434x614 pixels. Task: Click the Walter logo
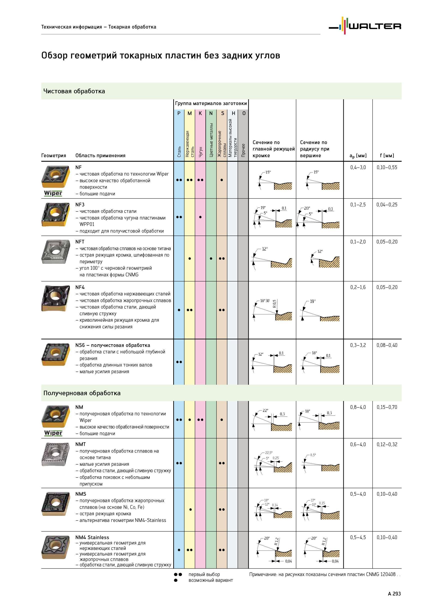point(365,26)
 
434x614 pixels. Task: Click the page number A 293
point(394,594)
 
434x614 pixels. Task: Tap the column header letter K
point(200,113)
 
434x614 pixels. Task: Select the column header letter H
point(233,113)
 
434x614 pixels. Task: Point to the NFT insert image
point(55,252)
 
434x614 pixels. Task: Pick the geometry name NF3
point(80,205)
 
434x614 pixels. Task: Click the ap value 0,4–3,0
point(358,168)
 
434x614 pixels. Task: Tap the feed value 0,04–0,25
point(387,205)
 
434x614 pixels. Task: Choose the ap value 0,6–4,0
point(358,444)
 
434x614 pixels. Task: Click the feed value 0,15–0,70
point(387,407)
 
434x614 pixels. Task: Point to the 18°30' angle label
point(265,301)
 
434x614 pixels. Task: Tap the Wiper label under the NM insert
point(53,433)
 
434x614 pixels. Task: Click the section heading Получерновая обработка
point(82,393)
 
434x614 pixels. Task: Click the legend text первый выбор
point(204,574)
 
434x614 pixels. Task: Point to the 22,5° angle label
point(269,453)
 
